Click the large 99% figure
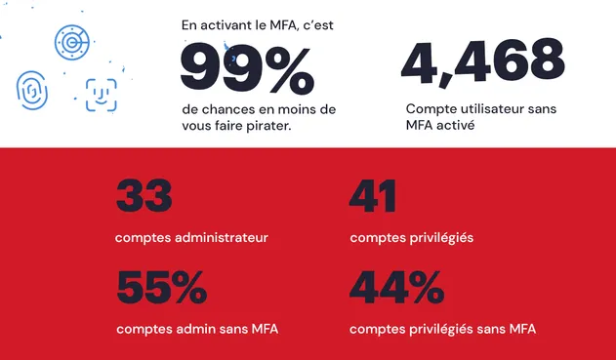pyautogui.click(x=247, y=69)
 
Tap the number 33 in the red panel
pyautogui.click(x=144, y=196)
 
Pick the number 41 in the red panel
pyautogui.click(x=373, y=196)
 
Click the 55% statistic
pyautogui.click(x=161, y=288)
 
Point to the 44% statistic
pyautogui.click(x=395, y=288)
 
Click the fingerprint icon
pyautogui.click(x=32, y=91)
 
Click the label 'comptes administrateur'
pyautogui.click(x=191, y=237)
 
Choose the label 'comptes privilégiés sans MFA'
pyautogui.click(x=442, y=329)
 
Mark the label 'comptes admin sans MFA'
pyautogui.click(x=197, y=329)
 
